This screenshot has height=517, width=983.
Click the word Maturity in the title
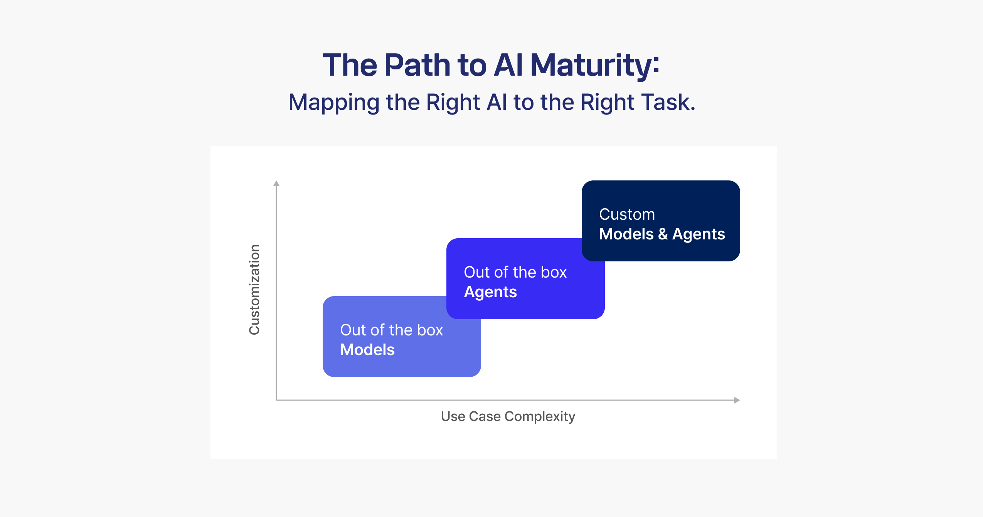coord(591,66)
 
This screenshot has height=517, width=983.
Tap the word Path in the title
coord(417,65)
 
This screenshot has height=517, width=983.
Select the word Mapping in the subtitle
coord(334,103)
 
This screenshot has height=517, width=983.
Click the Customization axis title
coord(254,290)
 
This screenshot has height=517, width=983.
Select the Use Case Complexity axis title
coord(508,417)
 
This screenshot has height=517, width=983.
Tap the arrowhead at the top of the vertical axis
coord(276,183)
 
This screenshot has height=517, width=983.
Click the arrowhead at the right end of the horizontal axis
coord(737,400)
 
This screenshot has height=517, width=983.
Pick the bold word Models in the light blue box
coord(367,350)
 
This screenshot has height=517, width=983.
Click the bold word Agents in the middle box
coord(490,292)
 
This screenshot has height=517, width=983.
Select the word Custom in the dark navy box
coord(627,214)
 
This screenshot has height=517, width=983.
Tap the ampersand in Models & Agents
coord(663,234)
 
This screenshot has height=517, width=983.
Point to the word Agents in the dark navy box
coord(699,234)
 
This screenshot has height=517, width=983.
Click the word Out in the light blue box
coord(353,330)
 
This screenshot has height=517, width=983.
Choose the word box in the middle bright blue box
coord(554,272)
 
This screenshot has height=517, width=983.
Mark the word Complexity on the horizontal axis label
coord(540,417)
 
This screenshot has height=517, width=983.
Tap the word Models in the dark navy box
coord(626,234)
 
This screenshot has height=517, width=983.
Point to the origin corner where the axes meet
coord(276,400)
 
